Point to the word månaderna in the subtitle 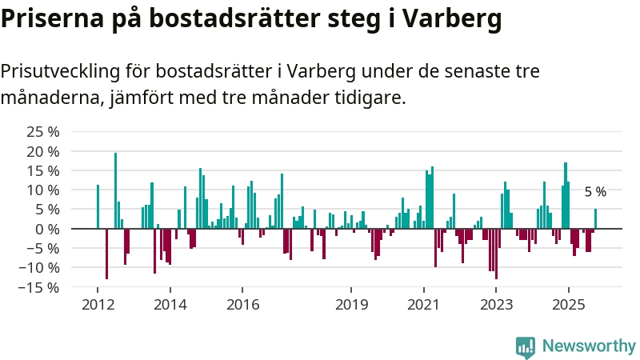[x=47, y=99]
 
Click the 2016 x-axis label [x=242, y=305]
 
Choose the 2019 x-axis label [x=350, y=305]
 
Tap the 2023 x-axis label [x=496, y=305]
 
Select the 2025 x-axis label [x=569, y=305]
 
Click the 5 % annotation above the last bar [x=595, y=192]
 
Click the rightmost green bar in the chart [x=595, y=218]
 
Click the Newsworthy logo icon [x=526, y=346]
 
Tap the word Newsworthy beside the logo [x=589, y=346]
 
